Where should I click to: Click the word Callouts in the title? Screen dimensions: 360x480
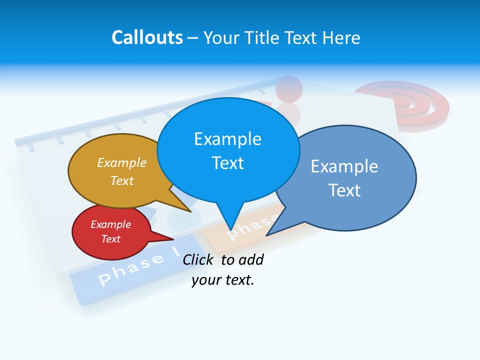(x=147, y=37)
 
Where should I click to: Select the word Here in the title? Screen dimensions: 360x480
(x=342, y=37)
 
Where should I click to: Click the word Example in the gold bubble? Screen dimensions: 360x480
(x=122, y=163)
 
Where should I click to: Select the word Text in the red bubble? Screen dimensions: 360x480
(x=111, y=239)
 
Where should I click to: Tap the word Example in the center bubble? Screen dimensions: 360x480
(x=227, y=139)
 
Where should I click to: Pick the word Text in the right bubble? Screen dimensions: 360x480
(x=344, y=190)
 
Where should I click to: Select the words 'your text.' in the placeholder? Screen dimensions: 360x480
(x=223, y=280)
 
